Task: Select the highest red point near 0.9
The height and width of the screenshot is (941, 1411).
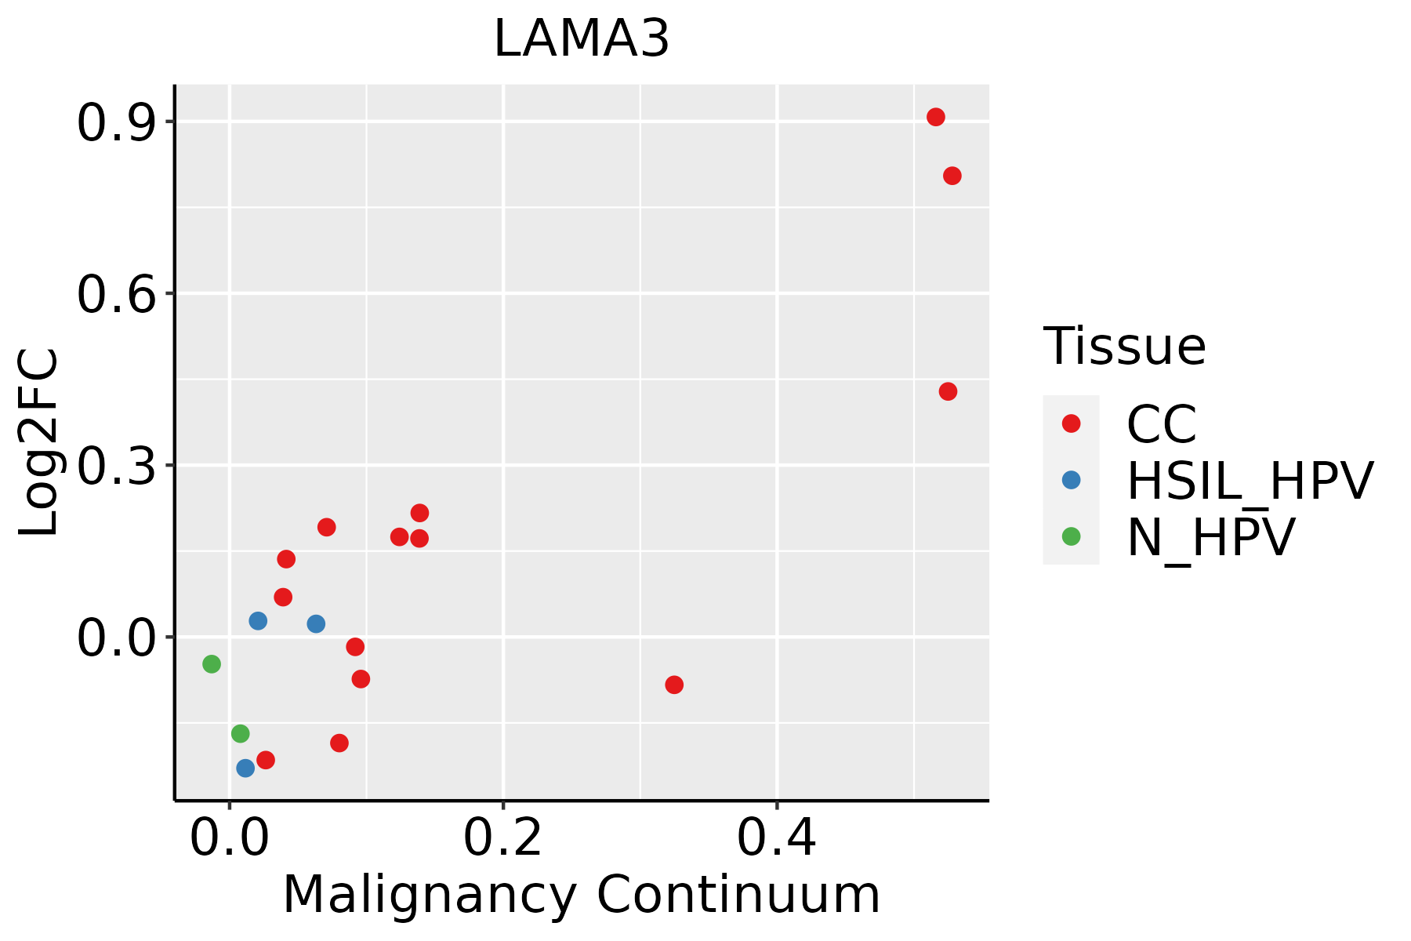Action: tap(935, 118)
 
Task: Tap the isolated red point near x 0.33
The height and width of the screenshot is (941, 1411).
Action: tap(674, 685)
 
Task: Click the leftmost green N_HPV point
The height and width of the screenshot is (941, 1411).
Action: tap(212, 664)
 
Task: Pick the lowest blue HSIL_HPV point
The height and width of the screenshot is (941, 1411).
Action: tap(245, 768)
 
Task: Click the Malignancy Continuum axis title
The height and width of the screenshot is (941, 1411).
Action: tap(581, 895)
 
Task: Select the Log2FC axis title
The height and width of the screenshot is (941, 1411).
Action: tap(39, 443)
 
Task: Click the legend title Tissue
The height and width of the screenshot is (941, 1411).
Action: tap(1124, 347)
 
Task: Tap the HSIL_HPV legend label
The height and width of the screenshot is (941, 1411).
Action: tap(1250, 481)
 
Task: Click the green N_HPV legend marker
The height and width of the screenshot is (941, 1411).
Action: tap(1071, 536)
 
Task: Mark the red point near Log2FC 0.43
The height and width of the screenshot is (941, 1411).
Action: tap(948, 391)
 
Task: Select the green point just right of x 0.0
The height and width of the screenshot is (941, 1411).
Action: tap(241, 734)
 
